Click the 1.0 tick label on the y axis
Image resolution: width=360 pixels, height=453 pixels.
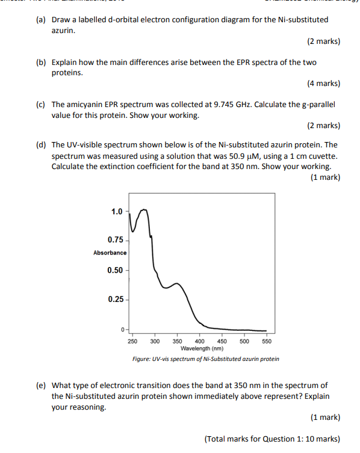[x=116, y=211]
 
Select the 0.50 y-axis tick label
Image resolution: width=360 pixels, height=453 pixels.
[x=114, y=270]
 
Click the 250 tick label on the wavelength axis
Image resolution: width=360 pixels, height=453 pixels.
[x=132, y=341]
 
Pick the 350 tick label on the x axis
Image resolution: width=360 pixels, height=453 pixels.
[x=178, y=341]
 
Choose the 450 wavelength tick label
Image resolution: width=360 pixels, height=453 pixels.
[x=222, y=341]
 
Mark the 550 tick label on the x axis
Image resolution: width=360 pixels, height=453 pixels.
[x=267, y=341]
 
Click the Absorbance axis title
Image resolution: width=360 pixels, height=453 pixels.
[x=110, y=253]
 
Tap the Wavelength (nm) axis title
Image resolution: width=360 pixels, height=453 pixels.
[x=202, y=348]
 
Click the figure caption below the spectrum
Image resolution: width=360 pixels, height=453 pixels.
[x=205, y=359]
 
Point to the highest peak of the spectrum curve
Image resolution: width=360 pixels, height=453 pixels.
[x=144, y=210]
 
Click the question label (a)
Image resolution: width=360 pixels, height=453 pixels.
[x=40, y=20]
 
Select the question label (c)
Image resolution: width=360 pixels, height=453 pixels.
[x=40, y=104]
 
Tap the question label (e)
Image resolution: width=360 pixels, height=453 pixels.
[x=40, y=385]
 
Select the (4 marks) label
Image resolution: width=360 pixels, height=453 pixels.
[x=323, y=84]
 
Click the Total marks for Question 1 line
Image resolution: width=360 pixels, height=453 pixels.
[x=272, y=438]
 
